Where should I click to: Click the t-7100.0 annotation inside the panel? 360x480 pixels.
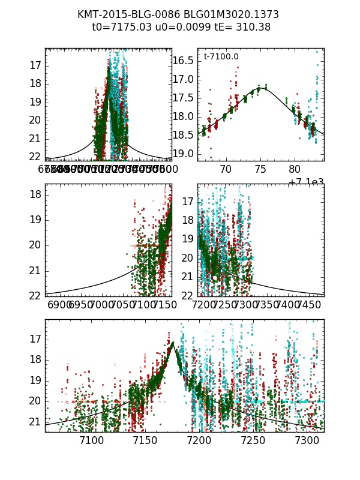coord(221,57)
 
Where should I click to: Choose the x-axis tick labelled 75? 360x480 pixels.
coord(260,170)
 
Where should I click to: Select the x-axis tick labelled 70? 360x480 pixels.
coord(226,170)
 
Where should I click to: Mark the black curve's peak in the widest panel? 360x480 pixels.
coord(172,342)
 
